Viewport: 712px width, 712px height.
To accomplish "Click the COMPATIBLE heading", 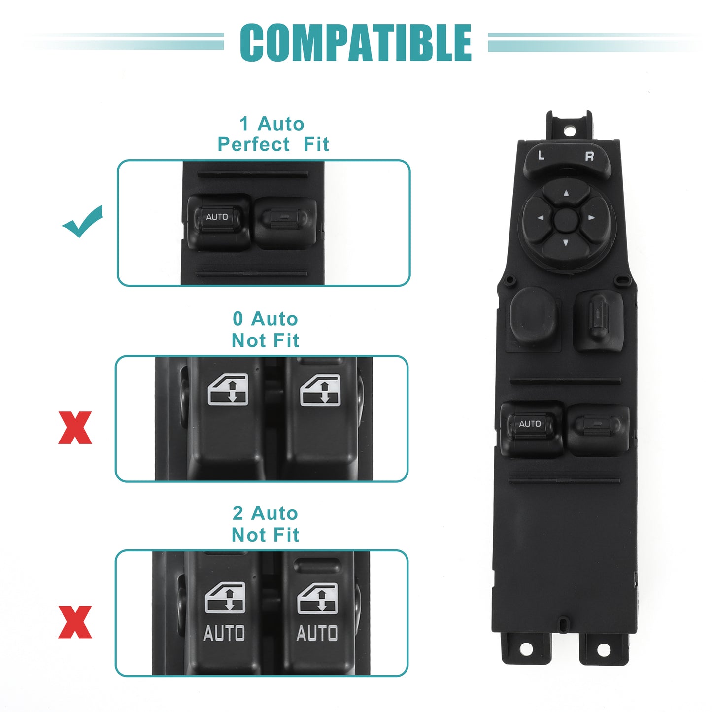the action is [x=355, y=42].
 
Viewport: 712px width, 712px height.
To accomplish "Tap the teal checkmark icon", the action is [x=82, y=222].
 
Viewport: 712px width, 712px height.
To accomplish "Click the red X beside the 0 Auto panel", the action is [x=75, y=428].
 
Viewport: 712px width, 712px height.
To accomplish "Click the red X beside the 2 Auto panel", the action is [x=75, y=622].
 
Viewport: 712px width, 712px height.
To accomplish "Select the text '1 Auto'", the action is [x=272, y=123].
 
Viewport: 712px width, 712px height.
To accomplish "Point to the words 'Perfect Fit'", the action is [x=273, y=144].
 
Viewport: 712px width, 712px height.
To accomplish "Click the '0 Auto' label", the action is [x=265, y=318].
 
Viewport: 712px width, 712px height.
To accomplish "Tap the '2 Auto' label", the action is [x=265, y=513].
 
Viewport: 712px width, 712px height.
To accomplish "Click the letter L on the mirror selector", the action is [x=542, y=155].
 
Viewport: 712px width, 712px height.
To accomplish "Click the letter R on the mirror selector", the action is [x=589, y=156].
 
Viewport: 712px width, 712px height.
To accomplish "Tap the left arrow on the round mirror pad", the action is [x=541, y=218].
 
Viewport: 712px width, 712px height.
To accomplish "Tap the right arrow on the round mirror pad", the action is [x=592, y=218].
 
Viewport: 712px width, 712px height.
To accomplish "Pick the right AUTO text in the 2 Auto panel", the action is [x=317, y=633].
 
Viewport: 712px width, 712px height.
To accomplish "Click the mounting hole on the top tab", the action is [x=570, y=131].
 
